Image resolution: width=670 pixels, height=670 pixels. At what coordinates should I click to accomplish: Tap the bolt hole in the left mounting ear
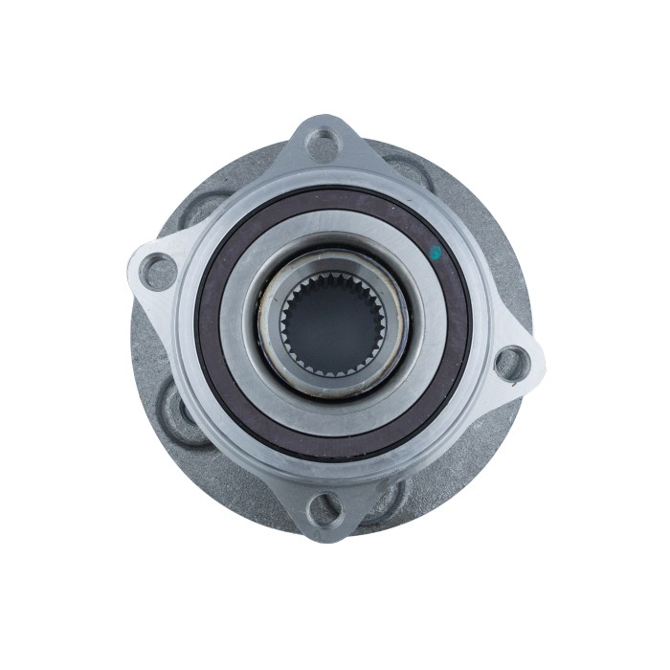point(156,272)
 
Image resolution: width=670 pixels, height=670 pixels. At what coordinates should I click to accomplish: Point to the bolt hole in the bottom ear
point(324,506)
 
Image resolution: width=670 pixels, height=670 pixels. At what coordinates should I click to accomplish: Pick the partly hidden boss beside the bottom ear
point(388,498)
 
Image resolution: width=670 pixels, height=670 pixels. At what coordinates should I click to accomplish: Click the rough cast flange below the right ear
point(488,421)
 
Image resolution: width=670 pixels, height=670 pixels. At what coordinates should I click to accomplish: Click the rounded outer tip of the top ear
point(326,120)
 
